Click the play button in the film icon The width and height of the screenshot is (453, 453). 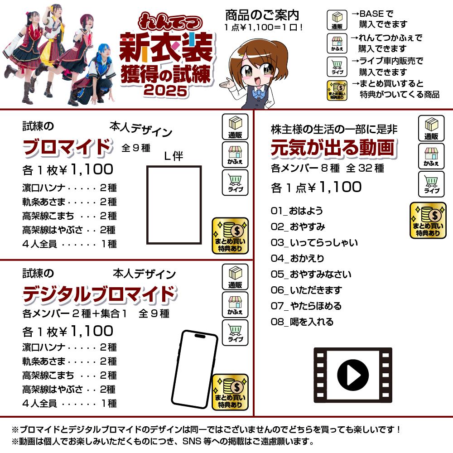click(353, 375)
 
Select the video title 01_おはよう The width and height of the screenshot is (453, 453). click(297, 211)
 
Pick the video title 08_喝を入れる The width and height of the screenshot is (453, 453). click(302, 322)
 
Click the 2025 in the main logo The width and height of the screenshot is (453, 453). click(165, 91)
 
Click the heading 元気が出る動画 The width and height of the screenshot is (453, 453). click(333, 148)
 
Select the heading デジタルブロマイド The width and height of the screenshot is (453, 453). click(100, 294)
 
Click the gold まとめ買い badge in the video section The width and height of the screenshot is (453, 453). click(428, 221)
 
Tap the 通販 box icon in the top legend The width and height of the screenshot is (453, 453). click(337, 20)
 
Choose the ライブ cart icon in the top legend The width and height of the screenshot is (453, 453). click(337, 67)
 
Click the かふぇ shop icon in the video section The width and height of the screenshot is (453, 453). click(431, 156)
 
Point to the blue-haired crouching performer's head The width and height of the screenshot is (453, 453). click(104, 52)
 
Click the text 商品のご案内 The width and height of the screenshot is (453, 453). click(262, 15)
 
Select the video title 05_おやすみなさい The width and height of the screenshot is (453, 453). click(311, 274)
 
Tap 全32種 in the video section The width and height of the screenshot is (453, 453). click(365, 168)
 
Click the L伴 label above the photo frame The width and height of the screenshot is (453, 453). click(173, 156)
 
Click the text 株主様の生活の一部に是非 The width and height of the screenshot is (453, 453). click(334, 130)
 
